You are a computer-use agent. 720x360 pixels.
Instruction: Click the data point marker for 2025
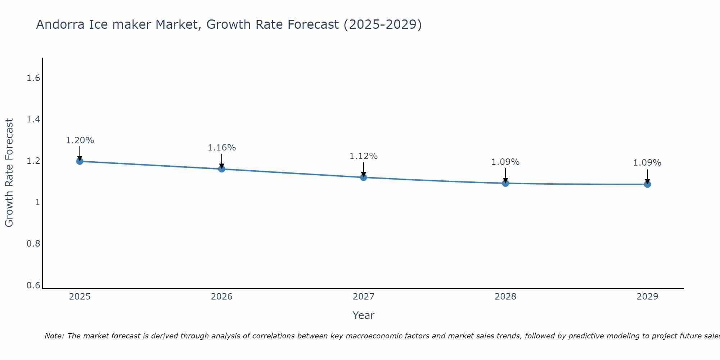coord(80,161)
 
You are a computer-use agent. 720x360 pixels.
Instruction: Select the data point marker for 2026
coord(221,169)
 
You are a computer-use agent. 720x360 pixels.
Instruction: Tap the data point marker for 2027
coord(364,177)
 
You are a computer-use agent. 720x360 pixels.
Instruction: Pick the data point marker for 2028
coord(505,183)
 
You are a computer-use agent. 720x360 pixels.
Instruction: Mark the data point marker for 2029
coord(647,184)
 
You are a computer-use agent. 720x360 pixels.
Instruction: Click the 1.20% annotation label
coord(80,140)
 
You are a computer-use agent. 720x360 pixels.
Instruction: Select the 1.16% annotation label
coord(221,148)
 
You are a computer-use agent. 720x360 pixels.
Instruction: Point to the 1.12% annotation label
coord(364,156)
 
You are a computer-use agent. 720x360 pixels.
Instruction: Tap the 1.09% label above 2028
coord(505,162)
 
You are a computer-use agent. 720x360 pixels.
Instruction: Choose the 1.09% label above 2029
coord(647,163)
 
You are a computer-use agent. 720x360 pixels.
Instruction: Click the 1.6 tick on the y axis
coord(33,78)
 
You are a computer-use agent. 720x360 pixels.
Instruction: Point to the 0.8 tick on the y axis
coord(33,244)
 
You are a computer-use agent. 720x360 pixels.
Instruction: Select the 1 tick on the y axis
coord(37,202)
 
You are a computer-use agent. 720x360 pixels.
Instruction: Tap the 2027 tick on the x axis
coord(364,297)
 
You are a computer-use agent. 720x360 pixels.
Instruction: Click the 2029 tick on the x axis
coord(647,297)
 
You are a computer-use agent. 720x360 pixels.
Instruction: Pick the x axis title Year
coord(364,315)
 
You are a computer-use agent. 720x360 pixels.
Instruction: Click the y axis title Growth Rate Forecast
coord(9,173)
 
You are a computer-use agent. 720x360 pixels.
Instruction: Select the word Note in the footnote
coord(54,336)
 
